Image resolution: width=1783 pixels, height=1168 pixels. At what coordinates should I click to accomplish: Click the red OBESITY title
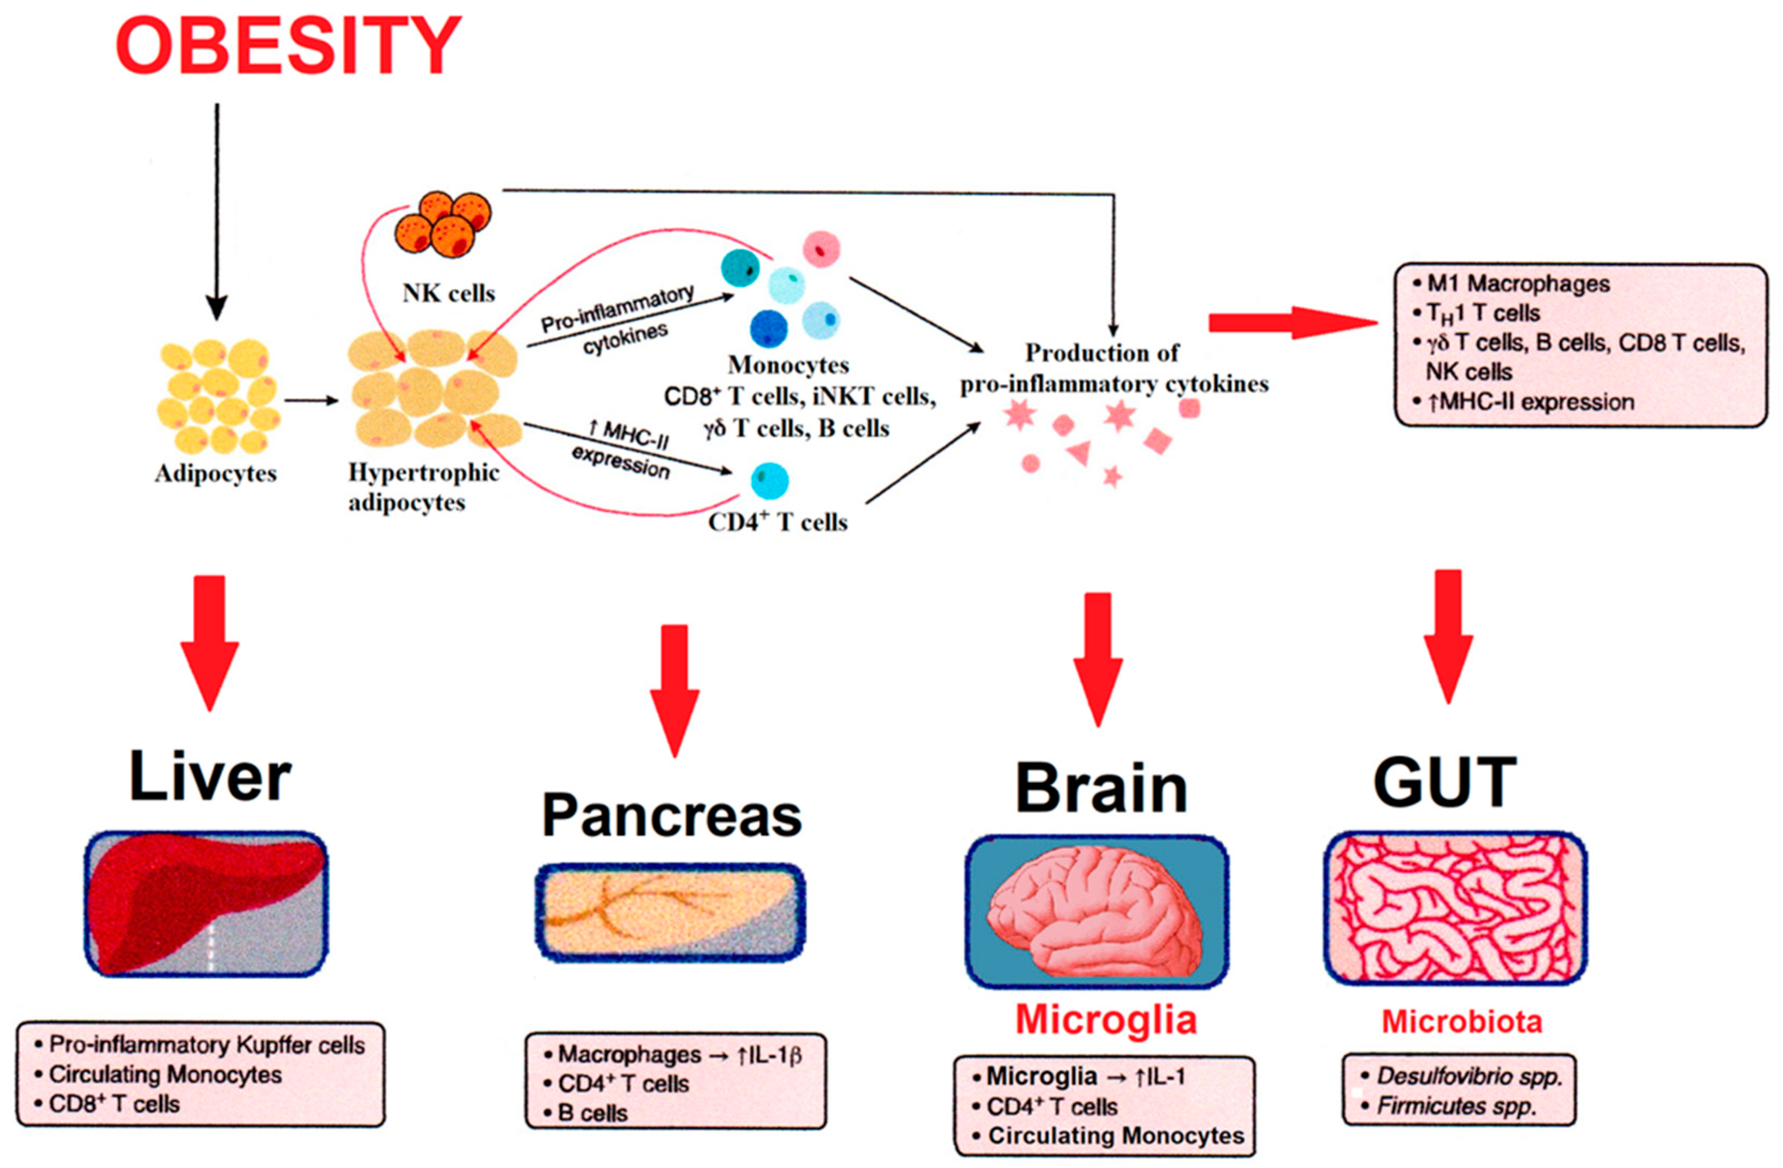point(288,47)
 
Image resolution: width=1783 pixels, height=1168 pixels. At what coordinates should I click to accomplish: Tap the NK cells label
point(448,293)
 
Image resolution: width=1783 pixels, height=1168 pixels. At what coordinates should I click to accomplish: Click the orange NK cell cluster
point(444,223)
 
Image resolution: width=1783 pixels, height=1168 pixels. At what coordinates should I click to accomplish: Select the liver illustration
point(206,904)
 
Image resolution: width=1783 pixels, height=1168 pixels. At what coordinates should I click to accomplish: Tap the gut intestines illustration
point(1455,907)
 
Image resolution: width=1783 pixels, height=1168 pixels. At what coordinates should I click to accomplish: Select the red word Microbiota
point(1461,1022)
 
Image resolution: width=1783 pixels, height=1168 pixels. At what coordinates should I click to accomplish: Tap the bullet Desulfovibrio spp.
point(1468,1077)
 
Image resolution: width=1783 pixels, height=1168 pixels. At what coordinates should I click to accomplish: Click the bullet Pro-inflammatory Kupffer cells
point(206,1045)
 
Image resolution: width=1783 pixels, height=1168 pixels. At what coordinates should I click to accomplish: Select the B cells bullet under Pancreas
point(592,1113)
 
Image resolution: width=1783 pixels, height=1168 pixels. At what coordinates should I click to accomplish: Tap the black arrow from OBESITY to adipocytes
point(217,210)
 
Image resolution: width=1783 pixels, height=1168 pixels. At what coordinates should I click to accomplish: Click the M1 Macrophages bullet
point(1517,284)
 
